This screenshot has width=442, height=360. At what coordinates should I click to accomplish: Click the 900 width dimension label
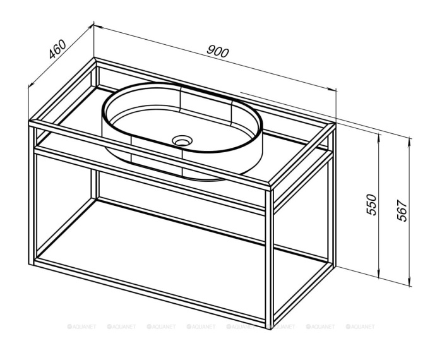218,52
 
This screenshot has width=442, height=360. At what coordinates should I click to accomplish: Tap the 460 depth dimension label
57,49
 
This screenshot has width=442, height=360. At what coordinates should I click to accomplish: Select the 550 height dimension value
371,205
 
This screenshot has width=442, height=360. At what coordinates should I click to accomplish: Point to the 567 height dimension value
402,210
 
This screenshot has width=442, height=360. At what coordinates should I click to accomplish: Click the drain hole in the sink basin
182,140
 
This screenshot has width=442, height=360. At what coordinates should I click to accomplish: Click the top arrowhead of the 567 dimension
410,141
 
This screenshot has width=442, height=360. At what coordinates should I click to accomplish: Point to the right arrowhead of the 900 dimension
333,89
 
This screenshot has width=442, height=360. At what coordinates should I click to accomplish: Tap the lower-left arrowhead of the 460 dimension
31,84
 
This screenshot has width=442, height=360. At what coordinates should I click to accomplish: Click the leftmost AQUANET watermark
81,327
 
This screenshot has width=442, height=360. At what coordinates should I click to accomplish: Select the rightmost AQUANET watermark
361,327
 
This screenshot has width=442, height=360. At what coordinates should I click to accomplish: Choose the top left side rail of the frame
63,90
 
